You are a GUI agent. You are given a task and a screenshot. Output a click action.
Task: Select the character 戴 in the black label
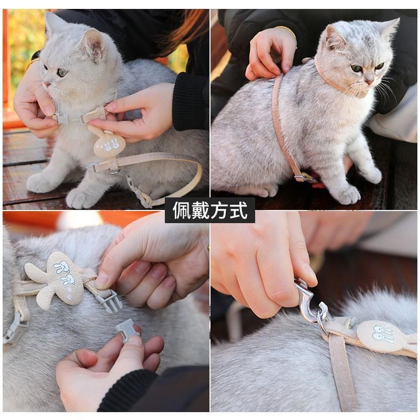(x=201, y=211)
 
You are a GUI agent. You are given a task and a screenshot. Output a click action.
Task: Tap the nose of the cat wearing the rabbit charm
(x=47, y=83)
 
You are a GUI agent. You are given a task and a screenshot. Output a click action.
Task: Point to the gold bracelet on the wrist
(x=286, y=30)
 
